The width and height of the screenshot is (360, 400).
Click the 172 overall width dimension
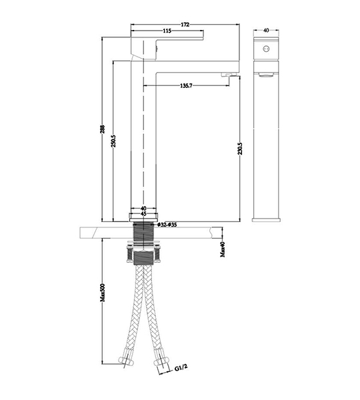click(x=185, y=25)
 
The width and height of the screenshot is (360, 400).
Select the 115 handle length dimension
click(x=167, y=31)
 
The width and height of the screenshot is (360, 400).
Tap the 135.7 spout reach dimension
click(x=186, y=86)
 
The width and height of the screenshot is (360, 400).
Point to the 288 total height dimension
click(x=102, y=129)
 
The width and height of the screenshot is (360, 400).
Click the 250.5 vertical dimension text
click(x=113, y=141)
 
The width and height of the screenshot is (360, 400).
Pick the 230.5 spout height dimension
click(x=240, y=149)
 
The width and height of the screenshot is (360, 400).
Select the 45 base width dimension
click(x=143, y=214)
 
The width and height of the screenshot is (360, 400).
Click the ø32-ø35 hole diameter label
click(x=167, y=225)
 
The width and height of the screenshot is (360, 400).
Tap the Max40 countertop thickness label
click(x=223, y=249)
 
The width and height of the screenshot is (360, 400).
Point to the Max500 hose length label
click(x=102, y=293)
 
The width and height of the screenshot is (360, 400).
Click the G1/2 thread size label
click(x=181, y=367)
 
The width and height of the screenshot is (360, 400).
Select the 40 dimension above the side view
click(x=266, y=30)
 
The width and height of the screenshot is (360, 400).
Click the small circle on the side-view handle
click(x=266, y=48)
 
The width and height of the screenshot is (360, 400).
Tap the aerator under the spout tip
click(x=229, y=75)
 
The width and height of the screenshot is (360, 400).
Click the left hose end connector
click(x=126, y=360)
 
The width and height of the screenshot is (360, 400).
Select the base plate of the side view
click(x=266, y=220)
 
